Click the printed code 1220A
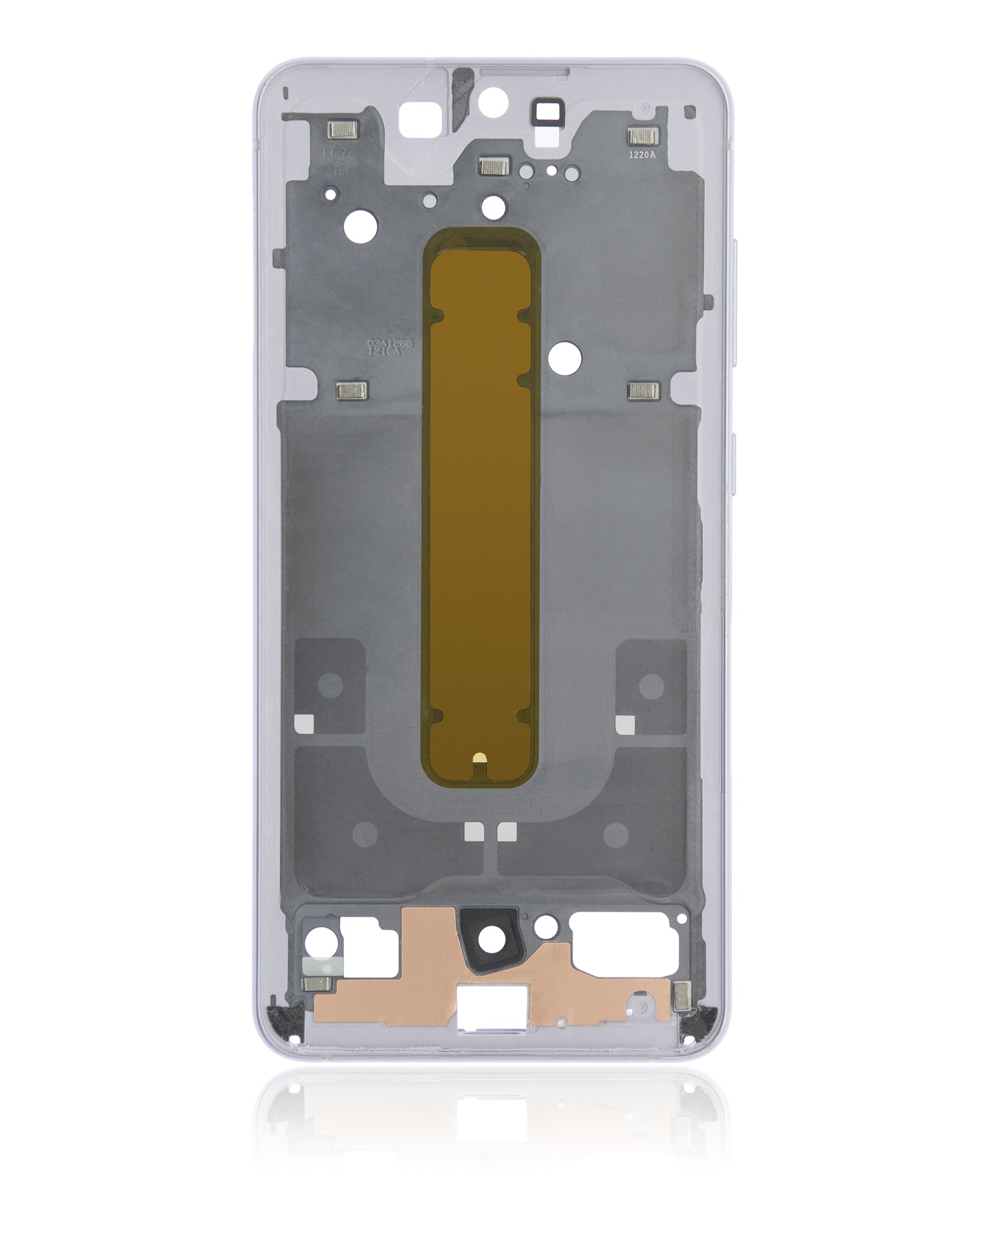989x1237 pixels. click(641, 154)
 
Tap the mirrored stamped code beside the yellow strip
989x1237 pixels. click(390, 347)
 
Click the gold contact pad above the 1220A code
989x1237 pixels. click(642, 136)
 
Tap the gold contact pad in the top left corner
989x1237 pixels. click(342, 130)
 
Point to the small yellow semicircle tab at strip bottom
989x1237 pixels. click(480, 758)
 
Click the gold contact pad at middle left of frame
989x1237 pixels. click(351, 391)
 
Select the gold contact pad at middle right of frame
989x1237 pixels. click(643, 391)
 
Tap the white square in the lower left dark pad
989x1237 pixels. click(303, 725)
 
